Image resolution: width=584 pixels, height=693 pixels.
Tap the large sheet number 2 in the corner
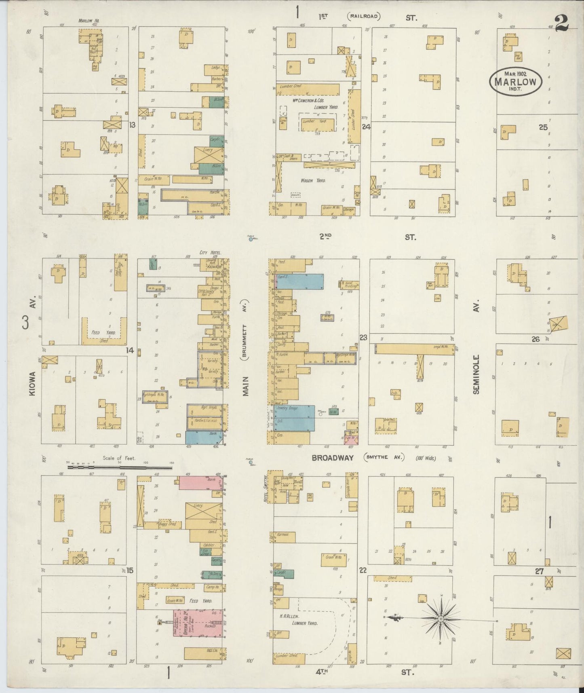(562, 23)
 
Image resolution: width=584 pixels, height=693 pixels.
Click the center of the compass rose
(441, 619)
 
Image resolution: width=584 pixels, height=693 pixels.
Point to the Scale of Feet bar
(120, 467)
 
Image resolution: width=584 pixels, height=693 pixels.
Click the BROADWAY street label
(333, 458)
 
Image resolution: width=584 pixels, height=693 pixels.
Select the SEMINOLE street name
(476, 374)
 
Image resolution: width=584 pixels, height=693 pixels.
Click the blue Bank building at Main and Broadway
(203, 437)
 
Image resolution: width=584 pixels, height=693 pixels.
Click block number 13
(132, 125)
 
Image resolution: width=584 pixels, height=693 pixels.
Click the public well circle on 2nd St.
(251, 239)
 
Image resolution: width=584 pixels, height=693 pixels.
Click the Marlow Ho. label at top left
(89, 20)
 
